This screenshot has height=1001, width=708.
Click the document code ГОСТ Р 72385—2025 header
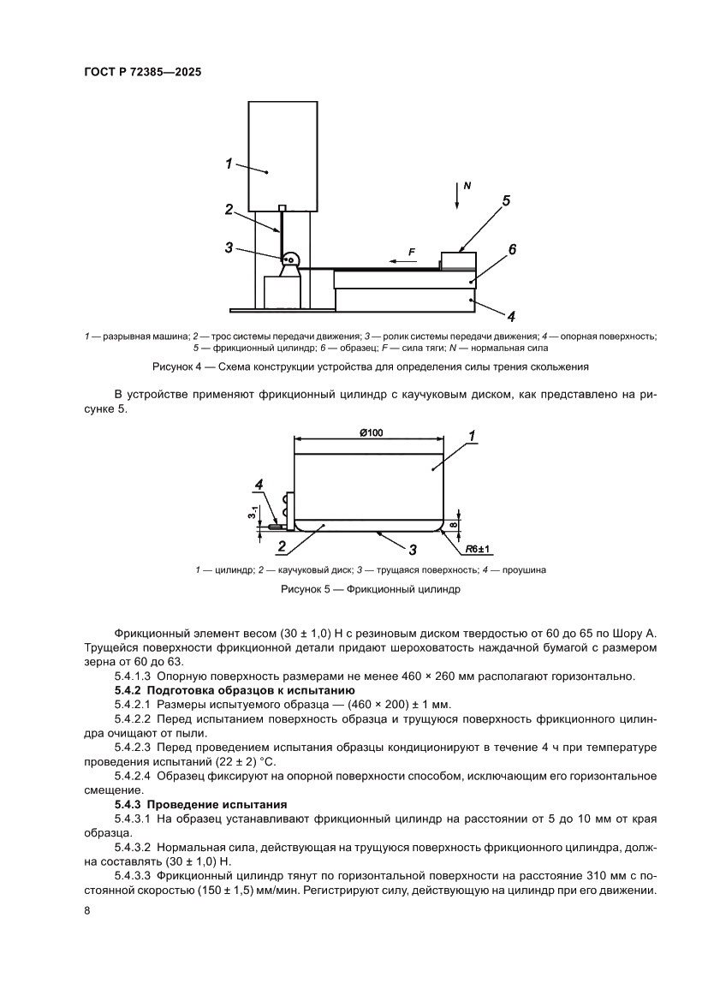tap(142, 74)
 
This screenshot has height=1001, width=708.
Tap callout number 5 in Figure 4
tap(506, 201)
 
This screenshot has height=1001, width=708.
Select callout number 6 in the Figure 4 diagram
tap(512, 249)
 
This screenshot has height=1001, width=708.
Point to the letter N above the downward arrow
tap(467, 185)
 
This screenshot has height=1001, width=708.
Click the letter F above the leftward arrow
tap(412, 252)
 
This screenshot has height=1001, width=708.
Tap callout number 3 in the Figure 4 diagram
tap(229, 247)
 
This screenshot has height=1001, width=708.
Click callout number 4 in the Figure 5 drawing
tap(259, 486)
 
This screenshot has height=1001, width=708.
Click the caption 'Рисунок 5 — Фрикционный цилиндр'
tap(371, 590)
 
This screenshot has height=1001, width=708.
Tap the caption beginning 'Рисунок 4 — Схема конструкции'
tap(371, 367)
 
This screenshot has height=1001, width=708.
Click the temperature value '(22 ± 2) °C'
tap(238, 761)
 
